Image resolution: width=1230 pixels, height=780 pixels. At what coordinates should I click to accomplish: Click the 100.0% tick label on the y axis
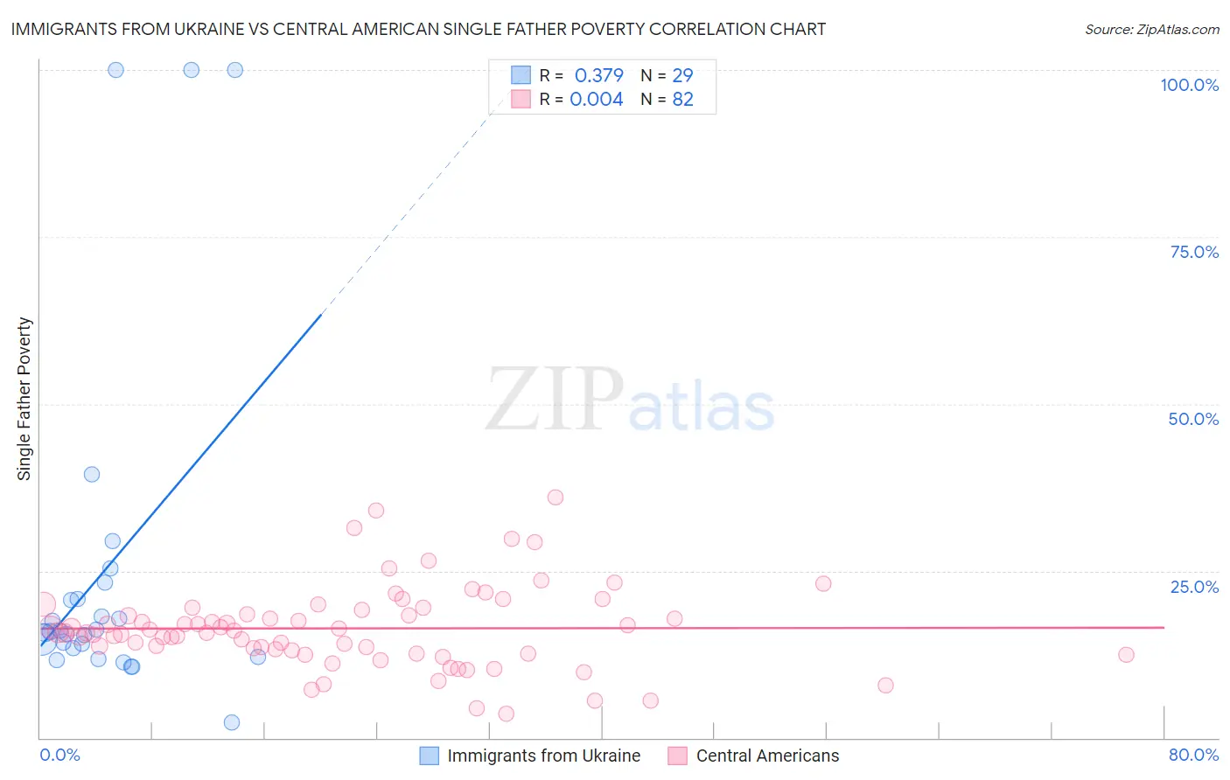1189,85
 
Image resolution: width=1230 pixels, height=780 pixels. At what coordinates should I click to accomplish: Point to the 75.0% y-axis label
1194,252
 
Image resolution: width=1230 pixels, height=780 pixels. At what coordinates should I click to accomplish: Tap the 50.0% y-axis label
1193,419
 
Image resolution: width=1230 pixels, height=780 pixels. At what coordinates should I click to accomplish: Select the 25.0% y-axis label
1194,587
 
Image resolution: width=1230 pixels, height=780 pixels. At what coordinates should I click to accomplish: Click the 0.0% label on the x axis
59,755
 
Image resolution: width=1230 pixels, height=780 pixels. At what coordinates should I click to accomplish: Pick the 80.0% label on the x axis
1193,755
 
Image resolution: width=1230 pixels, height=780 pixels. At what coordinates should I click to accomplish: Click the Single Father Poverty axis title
24,398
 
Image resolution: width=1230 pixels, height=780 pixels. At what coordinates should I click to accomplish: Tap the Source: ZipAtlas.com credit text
1151,29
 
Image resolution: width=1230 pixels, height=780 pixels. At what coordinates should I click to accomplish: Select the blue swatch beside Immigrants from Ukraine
429,756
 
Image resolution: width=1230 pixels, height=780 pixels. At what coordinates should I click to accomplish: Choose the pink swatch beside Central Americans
677,756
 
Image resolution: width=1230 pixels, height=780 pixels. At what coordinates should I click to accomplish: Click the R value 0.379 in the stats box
598,75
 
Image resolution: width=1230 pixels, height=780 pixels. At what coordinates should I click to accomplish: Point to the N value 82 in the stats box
682,99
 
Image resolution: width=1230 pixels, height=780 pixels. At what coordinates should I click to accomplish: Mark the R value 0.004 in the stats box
597,99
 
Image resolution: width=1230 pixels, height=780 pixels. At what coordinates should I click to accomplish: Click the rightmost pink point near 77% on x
1126,655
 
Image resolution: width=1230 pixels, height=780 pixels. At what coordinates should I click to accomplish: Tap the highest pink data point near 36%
556,498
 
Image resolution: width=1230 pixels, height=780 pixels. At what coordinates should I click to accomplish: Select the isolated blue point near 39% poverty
92,474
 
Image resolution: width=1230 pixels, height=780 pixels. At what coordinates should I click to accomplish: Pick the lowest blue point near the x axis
232,722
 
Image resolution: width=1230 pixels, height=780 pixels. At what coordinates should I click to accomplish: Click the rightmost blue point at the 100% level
234,70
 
